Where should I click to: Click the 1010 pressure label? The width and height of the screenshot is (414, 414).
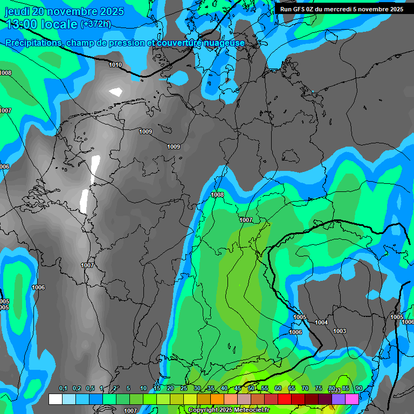point(115,65)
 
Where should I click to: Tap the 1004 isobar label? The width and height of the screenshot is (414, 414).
point(321,322)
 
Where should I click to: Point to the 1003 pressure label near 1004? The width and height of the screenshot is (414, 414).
point(340,331)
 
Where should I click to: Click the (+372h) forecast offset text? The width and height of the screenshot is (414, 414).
point(95,24)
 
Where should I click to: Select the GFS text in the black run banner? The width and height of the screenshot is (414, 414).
point(299,9)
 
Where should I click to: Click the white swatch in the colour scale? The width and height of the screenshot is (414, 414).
point(56,399)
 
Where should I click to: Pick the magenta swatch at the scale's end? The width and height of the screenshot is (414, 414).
point(352,399)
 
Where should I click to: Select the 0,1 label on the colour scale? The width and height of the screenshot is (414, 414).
point(63,389)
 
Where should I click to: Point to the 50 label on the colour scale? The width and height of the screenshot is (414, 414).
point(251,389)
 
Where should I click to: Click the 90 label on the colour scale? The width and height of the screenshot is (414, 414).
point(359,389)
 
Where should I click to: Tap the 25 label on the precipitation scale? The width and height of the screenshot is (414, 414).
point(184,389)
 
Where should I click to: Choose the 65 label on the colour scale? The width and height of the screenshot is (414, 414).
point(292,389)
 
